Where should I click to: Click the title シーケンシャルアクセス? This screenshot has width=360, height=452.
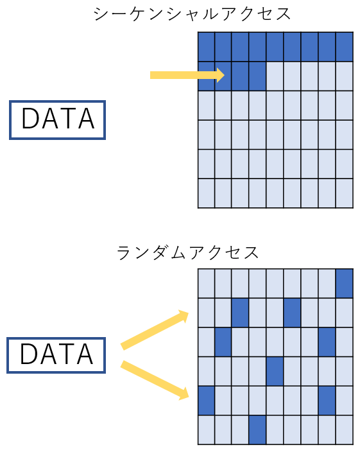click(192, 14)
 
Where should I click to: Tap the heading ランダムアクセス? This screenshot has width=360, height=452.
click(188, 252)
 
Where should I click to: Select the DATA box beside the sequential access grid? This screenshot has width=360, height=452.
click(57, 120)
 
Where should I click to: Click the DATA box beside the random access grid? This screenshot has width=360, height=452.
click(56, 355)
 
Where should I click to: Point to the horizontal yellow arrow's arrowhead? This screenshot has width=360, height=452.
click(221, 75)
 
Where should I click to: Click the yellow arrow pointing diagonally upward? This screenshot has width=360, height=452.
click(155, 330)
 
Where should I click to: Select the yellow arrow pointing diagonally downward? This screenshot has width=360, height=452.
click(155, 380)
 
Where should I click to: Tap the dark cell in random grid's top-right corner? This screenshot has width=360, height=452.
click(345, 283)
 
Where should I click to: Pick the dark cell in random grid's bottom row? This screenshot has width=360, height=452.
click(257, 430)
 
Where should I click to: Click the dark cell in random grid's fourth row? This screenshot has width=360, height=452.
click(275, 371)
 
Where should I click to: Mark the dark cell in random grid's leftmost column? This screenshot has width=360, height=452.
click(206, 401)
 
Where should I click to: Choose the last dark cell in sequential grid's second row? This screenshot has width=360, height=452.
click(257, 76)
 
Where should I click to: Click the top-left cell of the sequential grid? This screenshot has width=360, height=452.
click(206, 47)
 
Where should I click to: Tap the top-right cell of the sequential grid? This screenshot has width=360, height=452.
click(345, 47)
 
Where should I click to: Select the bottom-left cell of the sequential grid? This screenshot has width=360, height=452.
click(206, 193)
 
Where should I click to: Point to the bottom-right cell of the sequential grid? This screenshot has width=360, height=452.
click(345, 193)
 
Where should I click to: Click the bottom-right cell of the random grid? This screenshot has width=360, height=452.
click(345, 430)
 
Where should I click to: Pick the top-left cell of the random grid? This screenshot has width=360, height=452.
click(206, 283)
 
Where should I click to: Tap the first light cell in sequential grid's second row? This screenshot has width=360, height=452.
click(275, 76)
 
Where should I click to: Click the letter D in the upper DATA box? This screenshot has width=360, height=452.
click(31, 118)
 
